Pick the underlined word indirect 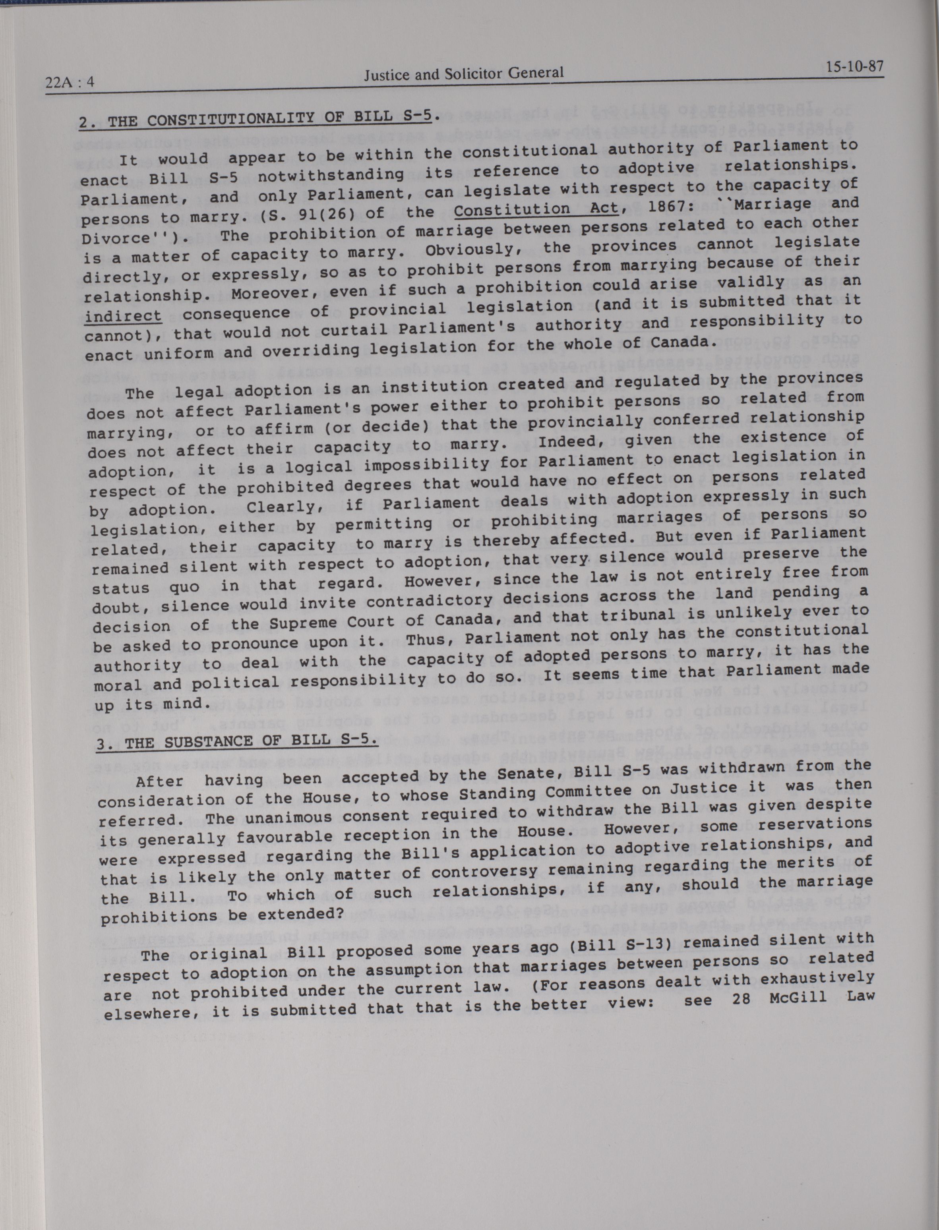pos(123,316)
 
